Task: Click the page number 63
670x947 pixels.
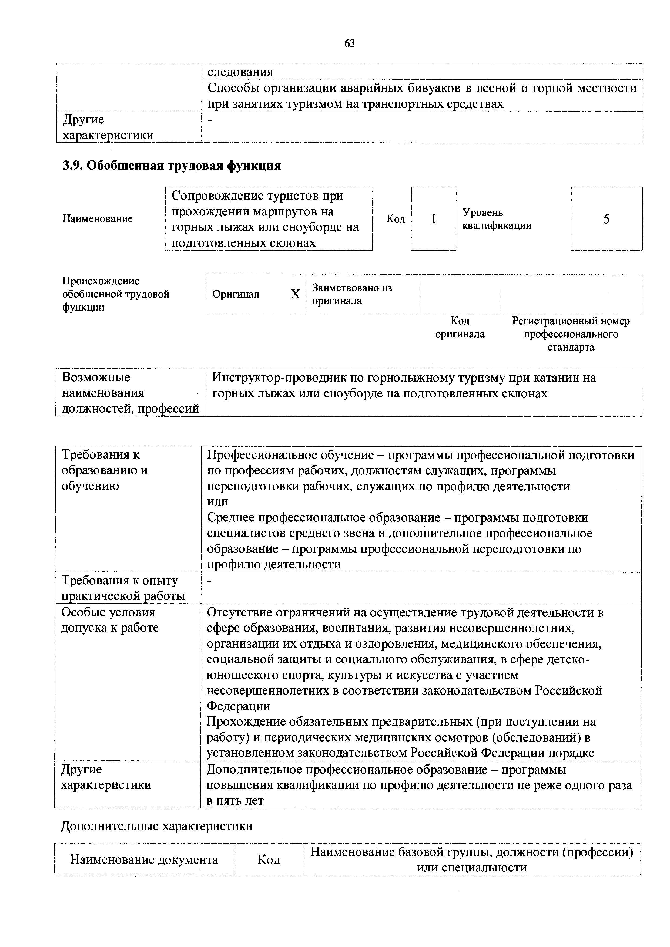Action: point(349,43)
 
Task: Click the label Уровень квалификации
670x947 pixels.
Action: point(497,219)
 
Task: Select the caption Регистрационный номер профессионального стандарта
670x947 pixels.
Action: point(571,334)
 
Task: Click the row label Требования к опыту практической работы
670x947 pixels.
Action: point(123,588)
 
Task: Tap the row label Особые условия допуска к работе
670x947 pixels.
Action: point(110,620)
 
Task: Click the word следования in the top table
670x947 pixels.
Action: point(240,72)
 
